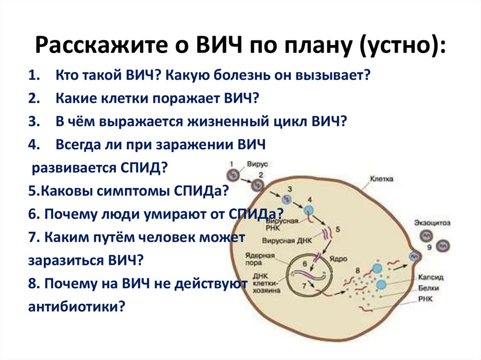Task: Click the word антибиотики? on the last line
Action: click(x=77, y=306)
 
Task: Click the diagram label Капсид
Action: click(x=430, y=277)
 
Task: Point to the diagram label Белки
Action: click(x=427, y=288)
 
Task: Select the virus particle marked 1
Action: click(x=233, y=175)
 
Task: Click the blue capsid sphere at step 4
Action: click(x=309, y=209)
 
